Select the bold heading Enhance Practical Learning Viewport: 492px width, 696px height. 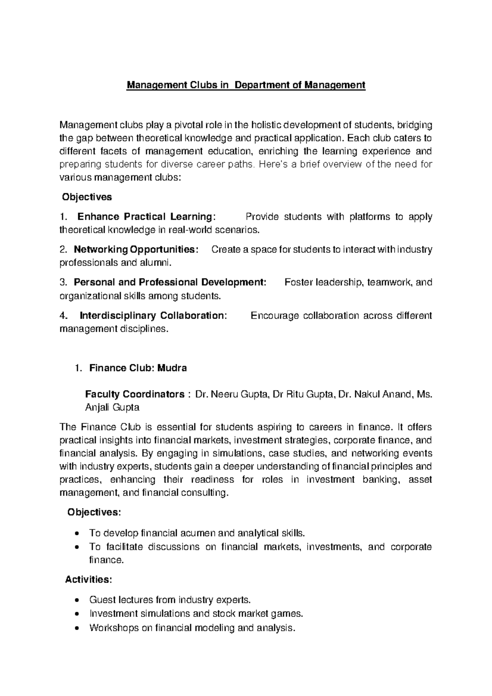[x=146, y=217]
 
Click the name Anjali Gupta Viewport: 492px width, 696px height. [x=112, y=407]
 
